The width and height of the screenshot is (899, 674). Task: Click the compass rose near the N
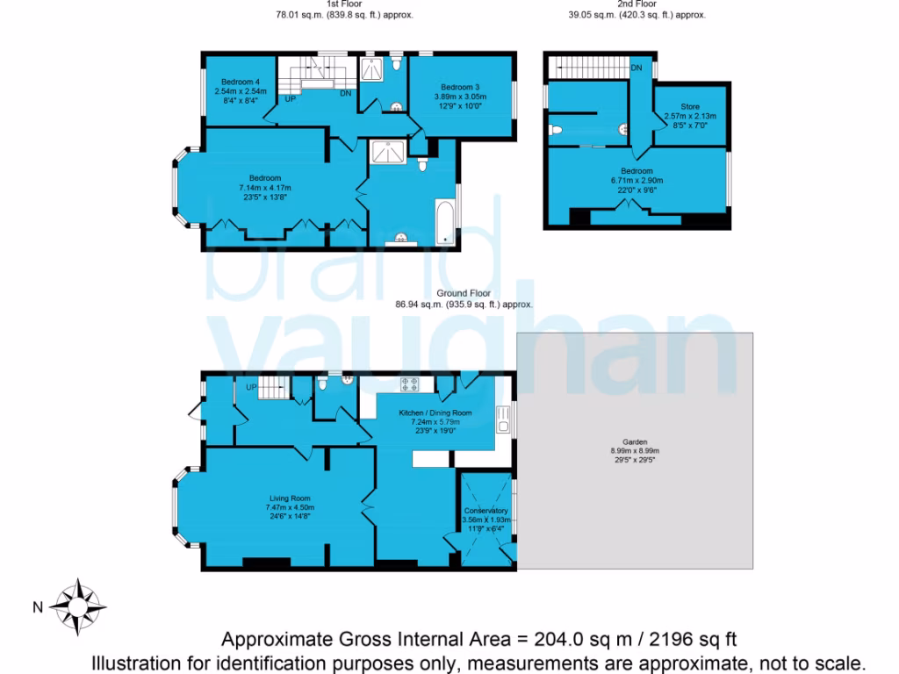(78, 606)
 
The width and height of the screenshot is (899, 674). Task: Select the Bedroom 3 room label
(460, 87)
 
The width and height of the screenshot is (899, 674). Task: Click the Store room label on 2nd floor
(690, 106)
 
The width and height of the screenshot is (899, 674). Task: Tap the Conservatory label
(485, 511)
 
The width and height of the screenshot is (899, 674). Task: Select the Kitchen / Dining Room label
(435, 412)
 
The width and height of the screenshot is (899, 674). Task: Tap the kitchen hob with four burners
(410, 383)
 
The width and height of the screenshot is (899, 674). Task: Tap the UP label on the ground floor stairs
(251, 387)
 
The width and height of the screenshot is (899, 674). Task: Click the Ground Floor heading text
(464, 294)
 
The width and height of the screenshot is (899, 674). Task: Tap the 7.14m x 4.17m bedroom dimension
(264, 188)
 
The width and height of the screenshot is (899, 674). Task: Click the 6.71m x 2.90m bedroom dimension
(636, 181)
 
